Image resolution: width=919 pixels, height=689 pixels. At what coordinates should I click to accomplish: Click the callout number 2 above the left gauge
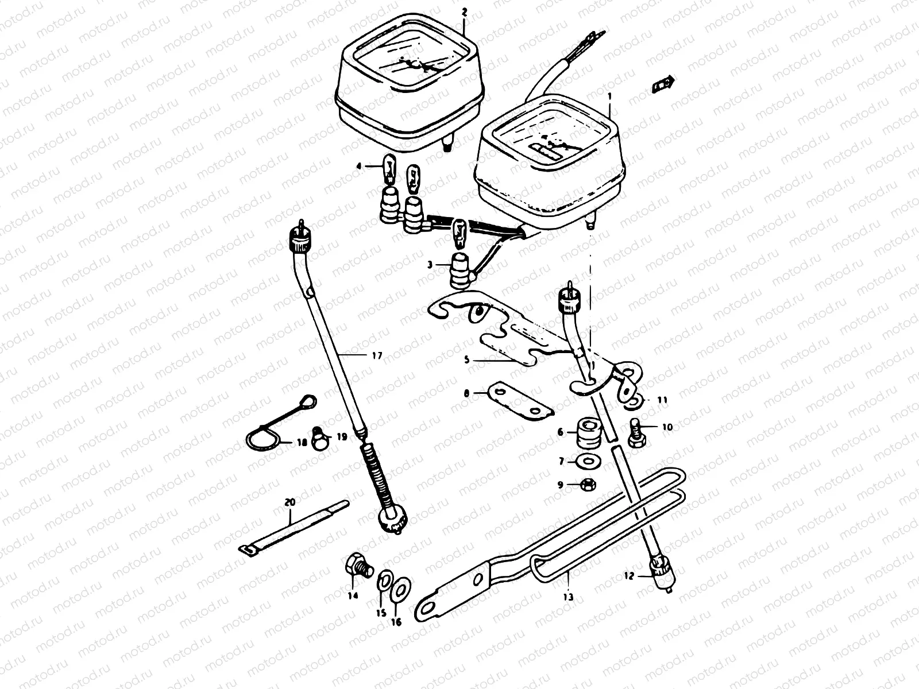(x=464, y=12)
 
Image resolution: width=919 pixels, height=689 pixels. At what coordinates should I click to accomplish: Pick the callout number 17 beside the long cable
(x=377, y=356)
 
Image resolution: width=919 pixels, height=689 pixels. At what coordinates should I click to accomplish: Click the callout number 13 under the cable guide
(x=569, y=598)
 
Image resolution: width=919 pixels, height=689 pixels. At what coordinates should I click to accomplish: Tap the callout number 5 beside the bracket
(x=467, y=360)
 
